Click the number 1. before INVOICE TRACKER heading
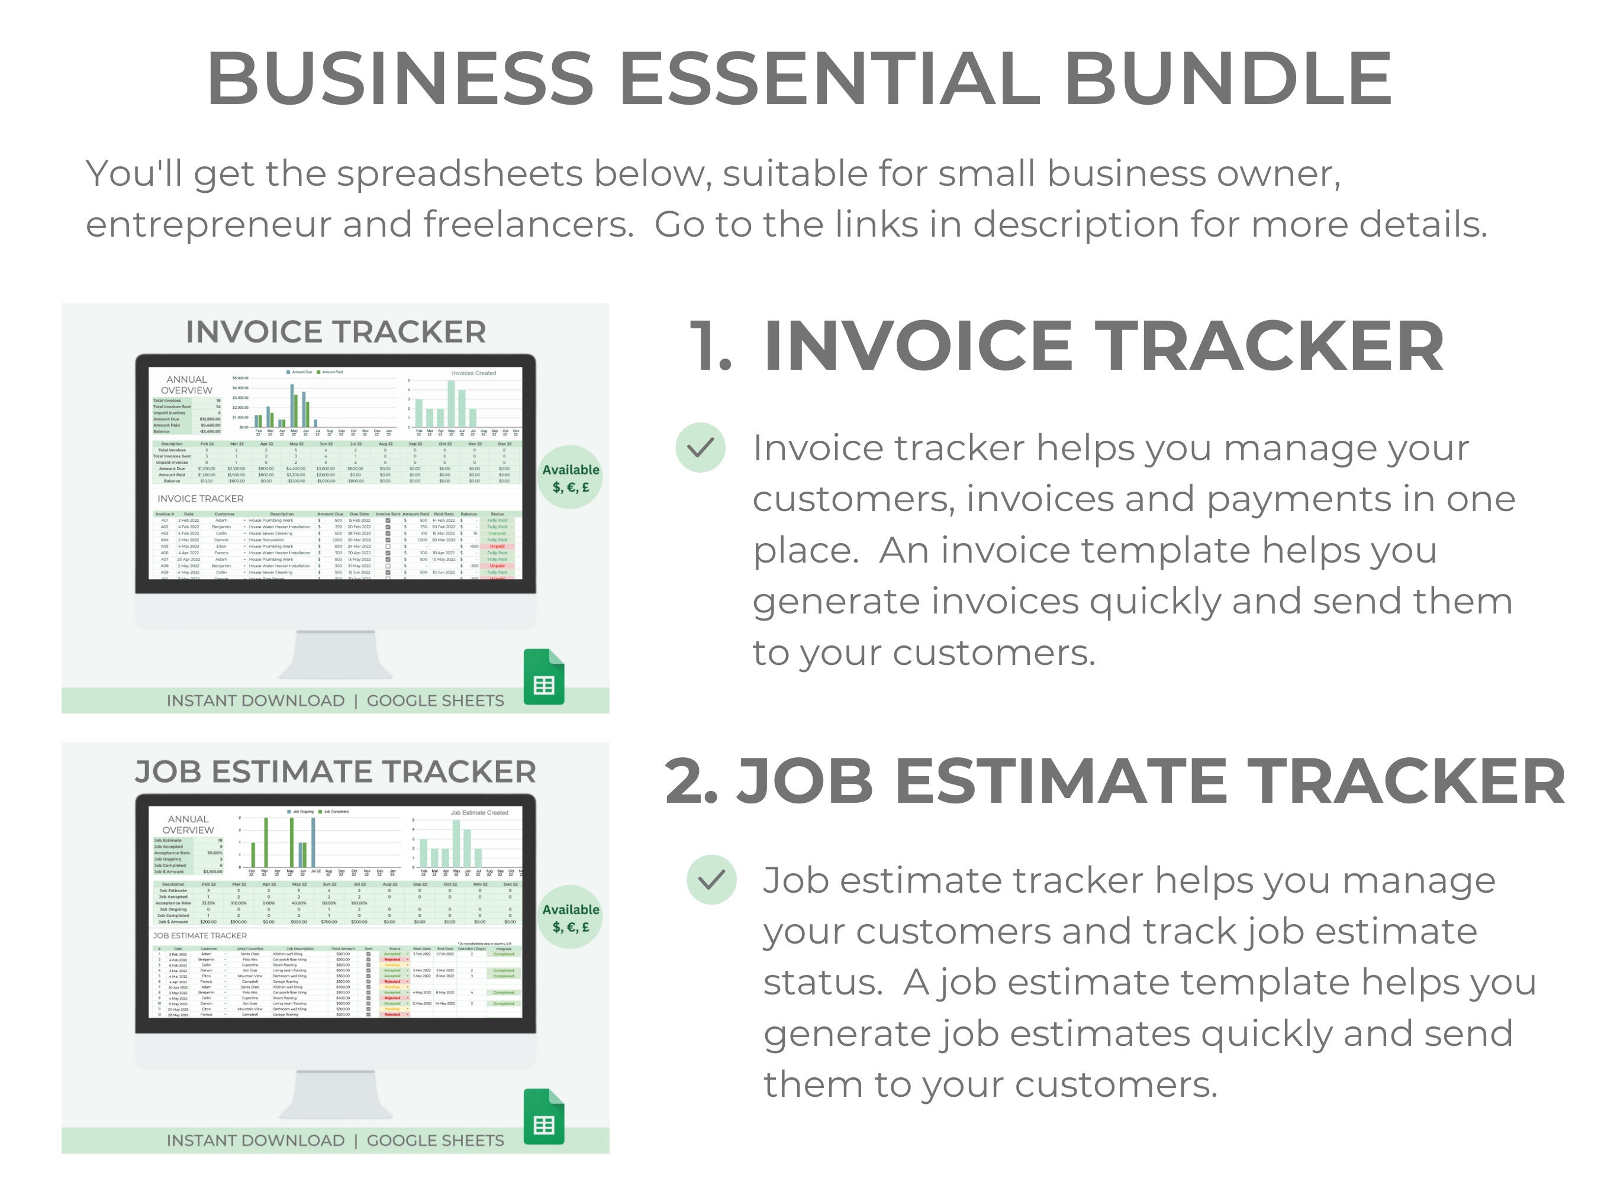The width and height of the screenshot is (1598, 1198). point(711,347)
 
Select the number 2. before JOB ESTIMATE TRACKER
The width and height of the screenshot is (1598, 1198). point(691,782)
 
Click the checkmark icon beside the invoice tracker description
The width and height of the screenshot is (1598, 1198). point(700,448)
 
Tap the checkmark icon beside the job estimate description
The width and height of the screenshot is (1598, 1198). point(711,880)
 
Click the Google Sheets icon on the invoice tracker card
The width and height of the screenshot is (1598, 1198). point(544,677)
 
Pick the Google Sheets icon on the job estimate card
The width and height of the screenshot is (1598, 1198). point(544,1116)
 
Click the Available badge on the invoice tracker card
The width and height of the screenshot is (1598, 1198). point(571,477)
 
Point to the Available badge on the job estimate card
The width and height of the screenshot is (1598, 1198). point(571,917)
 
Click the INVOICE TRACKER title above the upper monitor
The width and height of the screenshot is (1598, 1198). point(336,331)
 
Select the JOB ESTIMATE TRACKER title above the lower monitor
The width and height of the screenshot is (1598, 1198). point(336,771)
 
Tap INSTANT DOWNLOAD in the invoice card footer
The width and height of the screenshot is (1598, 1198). point(256,700)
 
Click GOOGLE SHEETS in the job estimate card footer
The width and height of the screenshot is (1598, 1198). point(436,1140)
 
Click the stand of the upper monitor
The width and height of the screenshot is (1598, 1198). point(336,654)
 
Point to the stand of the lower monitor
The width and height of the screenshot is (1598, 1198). point(336,1093)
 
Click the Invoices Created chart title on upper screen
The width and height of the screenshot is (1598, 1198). point(474,373)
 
